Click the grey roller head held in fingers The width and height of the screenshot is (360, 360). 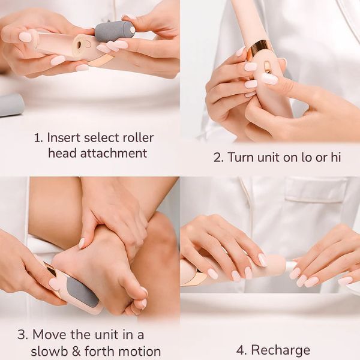pos(114,31)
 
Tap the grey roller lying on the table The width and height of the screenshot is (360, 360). pos(11,105)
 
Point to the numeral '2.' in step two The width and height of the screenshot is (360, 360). pos(218,158)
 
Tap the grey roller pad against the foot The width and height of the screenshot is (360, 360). pos(82,292)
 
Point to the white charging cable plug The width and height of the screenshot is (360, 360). pos(291,265)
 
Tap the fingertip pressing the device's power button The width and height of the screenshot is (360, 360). pos(269,79)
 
